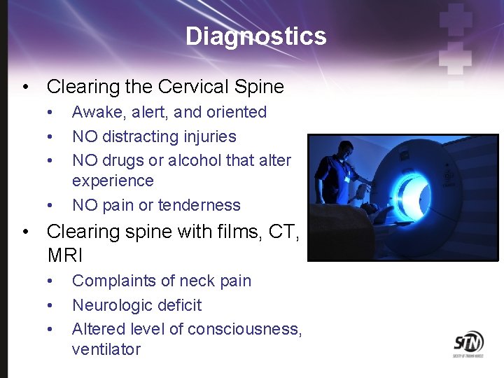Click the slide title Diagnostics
[255, 36]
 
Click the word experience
[112, 181]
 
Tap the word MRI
[64, 255]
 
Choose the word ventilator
[106, 349]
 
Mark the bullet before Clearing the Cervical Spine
[25, 87]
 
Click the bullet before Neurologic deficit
[50, 306]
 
